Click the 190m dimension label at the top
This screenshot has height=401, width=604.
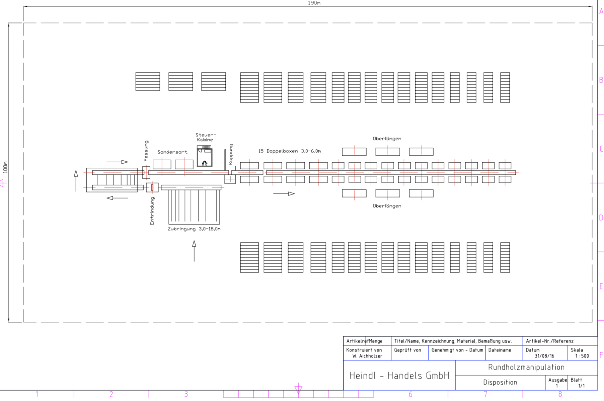[314, 3]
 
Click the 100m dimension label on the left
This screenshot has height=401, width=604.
[5, 167]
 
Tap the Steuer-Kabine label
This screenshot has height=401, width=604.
[206, 137]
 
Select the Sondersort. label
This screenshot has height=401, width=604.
[173, 152]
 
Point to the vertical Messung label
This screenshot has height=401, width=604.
[146, 151]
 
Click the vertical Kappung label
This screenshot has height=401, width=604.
[231, 154]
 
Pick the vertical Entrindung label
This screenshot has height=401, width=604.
[152, 211]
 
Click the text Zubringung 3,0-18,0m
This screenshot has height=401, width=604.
[194, 229]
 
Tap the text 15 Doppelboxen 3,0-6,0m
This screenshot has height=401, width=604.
[289, 151]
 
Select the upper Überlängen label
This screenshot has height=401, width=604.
[387, 139]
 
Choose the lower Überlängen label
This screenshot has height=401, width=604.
[387, 206]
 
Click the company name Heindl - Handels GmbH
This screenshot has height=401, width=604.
[399, 376]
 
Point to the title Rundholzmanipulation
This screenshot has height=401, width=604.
[526, 367]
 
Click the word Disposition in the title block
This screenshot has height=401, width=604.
[500, 382]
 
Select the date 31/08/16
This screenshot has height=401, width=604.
[544, 356]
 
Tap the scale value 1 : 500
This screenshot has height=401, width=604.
[582, 356]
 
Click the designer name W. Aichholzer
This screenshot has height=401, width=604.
[367, 356]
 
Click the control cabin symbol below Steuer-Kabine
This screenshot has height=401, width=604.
[205, 156]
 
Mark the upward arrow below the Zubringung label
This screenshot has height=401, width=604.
[194, 251]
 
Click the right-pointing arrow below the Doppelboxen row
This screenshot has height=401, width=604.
[284, 193]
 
